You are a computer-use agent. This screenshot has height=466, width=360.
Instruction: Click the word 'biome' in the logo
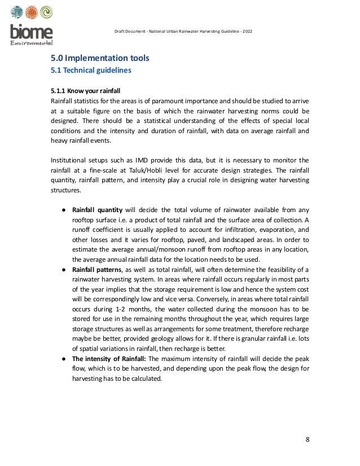tap(32, 32)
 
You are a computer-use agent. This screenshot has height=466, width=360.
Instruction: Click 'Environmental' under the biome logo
tap(32, 43)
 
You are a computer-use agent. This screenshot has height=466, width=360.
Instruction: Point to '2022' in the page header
tap(247, 30)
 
